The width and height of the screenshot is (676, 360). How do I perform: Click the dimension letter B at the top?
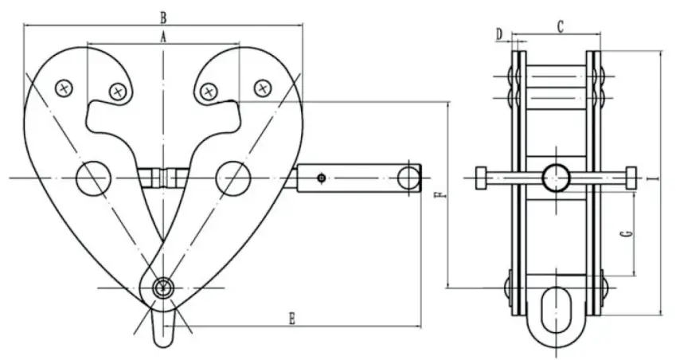163,16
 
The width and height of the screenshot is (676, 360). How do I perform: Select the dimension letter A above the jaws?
163,36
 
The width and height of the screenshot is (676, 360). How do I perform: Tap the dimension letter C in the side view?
560,27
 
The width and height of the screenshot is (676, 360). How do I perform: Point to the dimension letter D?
499,34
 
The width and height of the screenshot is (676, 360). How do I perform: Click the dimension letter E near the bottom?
292,319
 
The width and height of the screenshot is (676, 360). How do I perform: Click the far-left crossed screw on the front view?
63,88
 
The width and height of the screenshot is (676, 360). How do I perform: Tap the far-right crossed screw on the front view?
262,88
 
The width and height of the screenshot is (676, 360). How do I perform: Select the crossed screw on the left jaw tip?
119,92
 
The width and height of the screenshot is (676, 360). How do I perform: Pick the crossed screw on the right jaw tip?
208,92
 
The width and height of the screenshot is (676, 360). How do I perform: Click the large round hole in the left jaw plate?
92,177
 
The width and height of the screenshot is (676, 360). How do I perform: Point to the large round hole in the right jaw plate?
232,177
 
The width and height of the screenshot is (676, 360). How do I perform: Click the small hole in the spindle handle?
320,177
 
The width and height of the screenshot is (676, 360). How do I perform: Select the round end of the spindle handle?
409,177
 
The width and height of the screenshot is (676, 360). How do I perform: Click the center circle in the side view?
557,178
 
